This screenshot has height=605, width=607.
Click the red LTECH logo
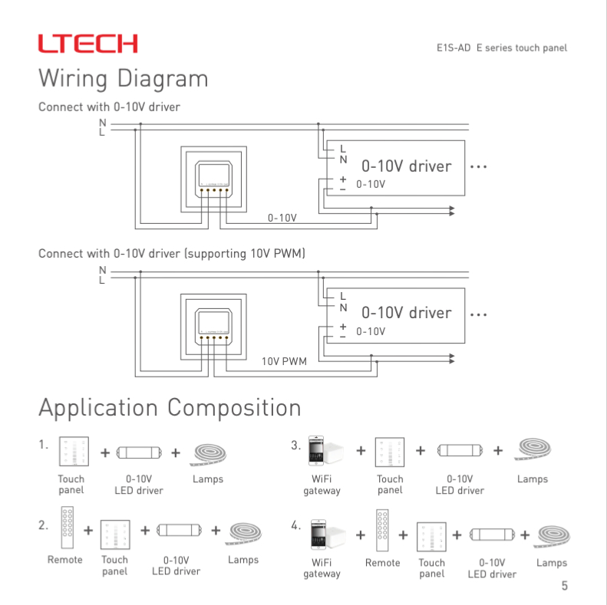(x=88, y=43)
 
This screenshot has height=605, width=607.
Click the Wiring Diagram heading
(x=123, y=78)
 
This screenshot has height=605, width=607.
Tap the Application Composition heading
(x=169, y=407)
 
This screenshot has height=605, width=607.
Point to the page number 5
(x=565, y=587)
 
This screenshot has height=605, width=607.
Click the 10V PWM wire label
(x=284, y=360)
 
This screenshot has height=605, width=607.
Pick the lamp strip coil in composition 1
(x=207, y=454)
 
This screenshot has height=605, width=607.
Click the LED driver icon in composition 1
(x=139, y=452)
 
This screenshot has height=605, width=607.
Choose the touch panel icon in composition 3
(x=390, y=452)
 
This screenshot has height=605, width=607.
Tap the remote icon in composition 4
(x=383, y=529)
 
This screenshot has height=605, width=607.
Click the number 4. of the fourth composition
(x=295, y=525)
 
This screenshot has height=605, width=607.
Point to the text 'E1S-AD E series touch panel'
(x=501, y=48)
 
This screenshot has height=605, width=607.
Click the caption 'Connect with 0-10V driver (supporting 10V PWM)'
(x=172, y=254)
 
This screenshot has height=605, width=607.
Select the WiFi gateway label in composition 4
(x=322, y=568)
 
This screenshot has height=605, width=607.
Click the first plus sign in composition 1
(x=104, y=452)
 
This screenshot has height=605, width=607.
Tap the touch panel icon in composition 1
(x=74, y=452)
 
